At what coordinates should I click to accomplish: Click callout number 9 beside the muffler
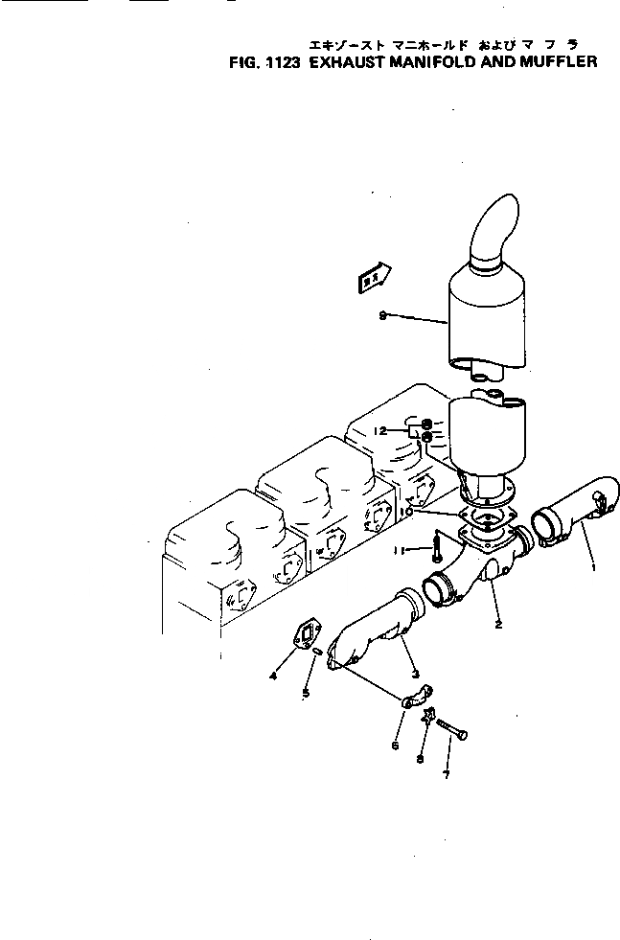pyautogui.click(x=382, y=317)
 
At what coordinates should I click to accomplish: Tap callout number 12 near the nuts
pyautogui.click(x=380, y=432)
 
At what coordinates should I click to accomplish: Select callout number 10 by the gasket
pyautogui.click(x=406, y=513)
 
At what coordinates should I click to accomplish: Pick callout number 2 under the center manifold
pyautogui.click(x=499, y=624)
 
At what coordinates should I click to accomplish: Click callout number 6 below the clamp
pyautogui.click(x=396, y=745)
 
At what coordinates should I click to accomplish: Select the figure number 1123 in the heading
pyautogui.click(x=281, y=63)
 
